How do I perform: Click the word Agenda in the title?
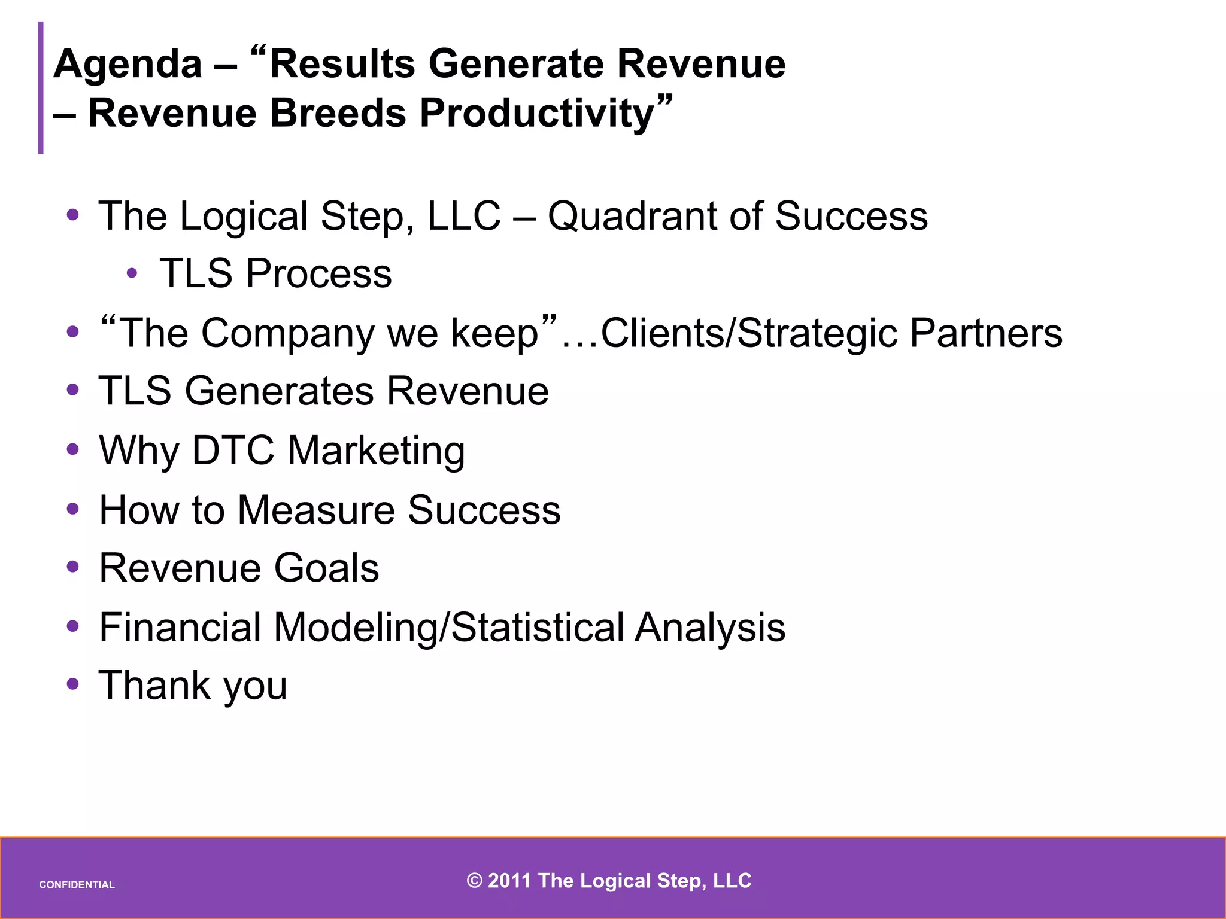(x=128, y=65)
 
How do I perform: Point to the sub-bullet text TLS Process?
(x=275, y=273)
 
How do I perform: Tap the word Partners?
(x=986, y=333)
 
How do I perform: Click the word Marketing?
(x=376, y=451)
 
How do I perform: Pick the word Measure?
(x=315, y=510)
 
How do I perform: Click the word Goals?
(x=326, y=568)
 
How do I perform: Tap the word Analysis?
(x=710, y=628)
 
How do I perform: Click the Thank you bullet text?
(x=193, y=686)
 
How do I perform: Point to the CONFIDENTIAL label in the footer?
(x=77, y=885)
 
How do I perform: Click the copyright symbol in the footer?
(x=474, y=881)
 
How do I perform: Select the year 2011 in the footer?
(x=509, y=881)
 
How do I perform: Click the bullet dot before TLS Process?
(x=132, y=274)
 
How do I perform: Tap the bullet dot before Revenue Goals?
(x=73, y=567)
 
